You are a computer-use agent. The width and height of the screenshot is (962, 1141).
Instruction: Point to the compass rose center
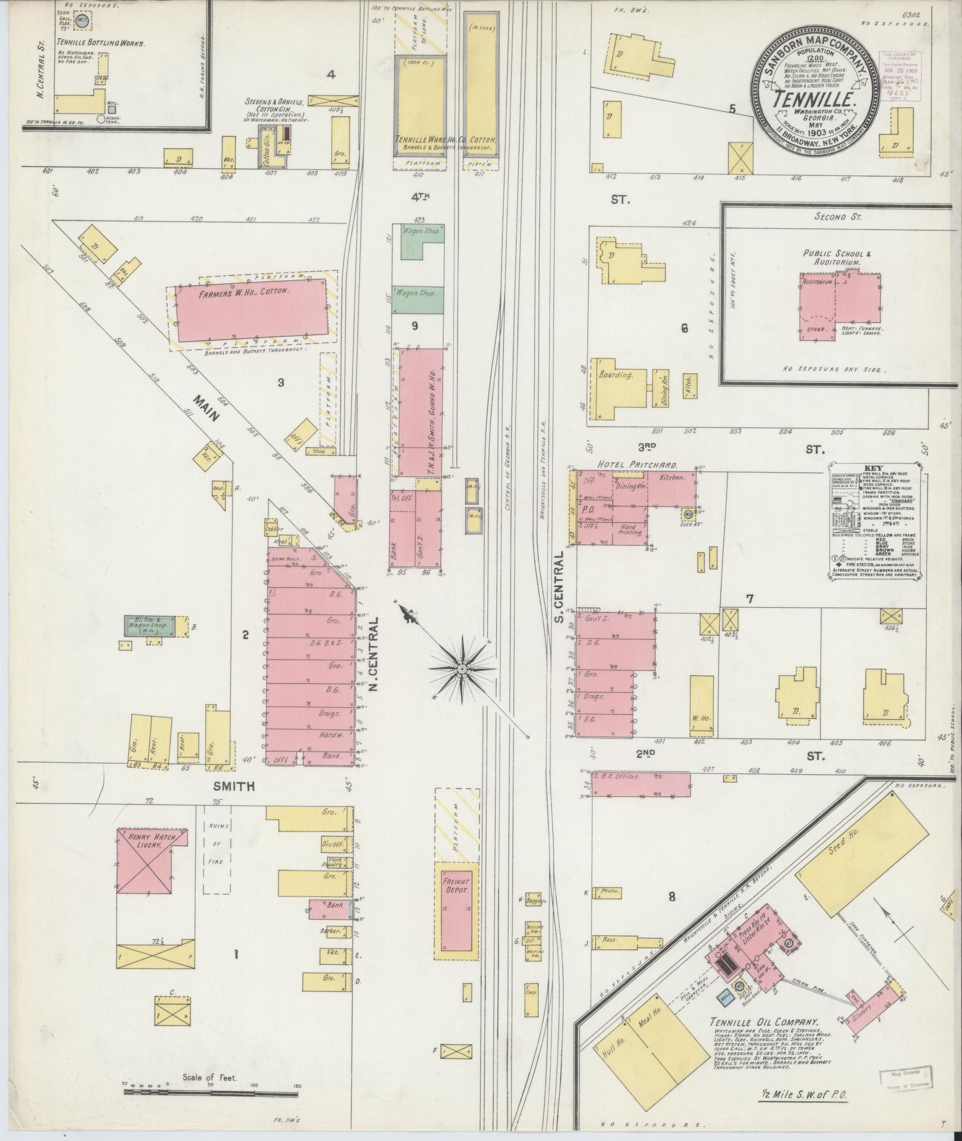coord(462,670)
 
